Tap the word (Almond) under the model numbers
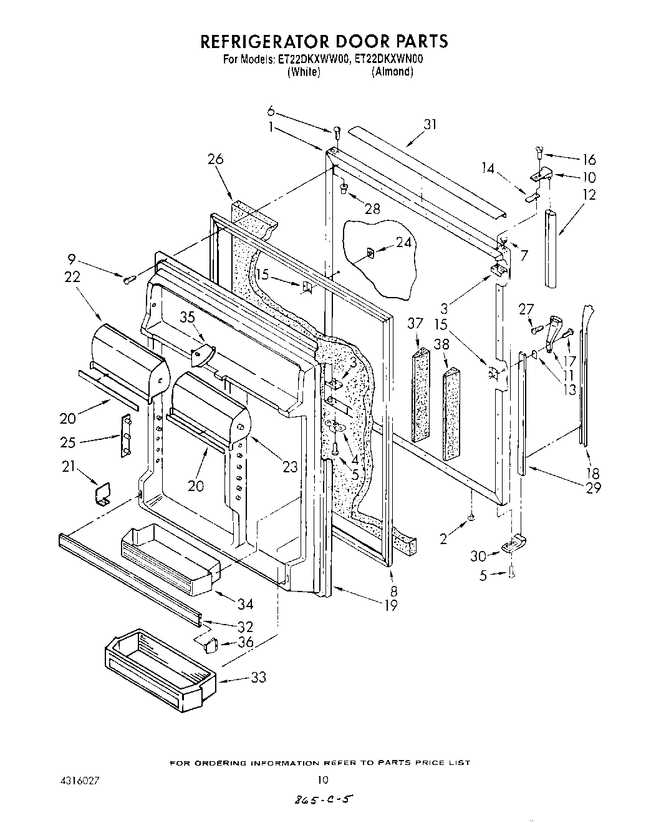coord(392,72)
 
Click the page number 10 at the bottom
coord(322,779)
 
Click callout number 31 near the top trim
coord(430,125)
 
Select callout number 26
coord(215,159)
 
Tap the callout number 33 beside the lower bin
coord(258,677)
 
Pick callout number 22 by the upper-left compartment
coord(72,277)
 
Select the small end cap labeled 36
coord(210,645)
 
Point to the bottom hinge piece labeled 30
coord(513,546)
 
